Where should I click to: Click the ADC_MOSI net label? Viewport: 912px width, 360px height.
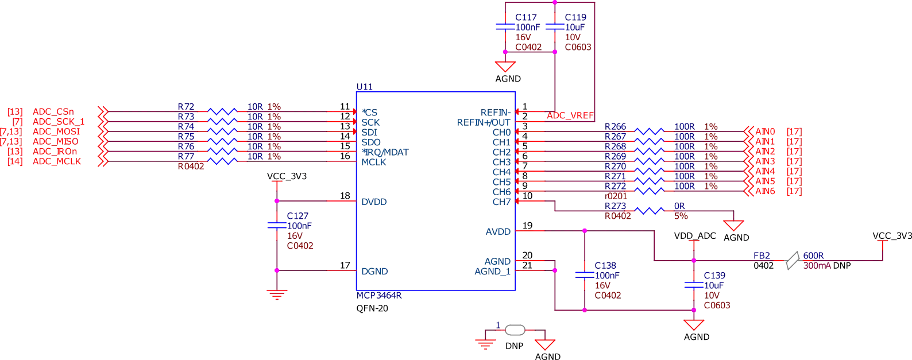[x=57, y=131]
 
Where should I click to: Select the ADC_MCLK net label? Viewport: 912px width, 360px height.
[x=57, y=161]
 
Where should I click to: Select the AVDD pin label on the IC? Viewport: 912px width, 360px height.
[x=497, y=232]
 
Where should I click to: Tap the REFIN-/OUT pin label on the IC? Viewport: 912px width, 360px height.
[x=482, y=122]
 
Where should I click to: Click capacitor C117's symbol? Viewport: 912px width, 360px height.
[x=504, y=27]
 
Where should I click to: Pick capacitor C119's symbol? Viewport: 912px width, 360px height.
[x=554, y=27]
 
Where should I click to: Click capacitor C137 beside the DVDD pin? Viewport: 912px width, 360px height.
[x=277, y=225]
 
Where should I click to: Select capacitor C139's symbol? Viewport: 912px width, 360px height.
[x=693, y=284]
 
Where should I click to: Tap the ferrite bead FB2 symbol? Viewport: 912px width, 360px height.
[x=793, y=260]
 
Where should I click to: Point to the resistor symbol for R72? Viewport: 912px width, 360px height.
[x=222, y=111]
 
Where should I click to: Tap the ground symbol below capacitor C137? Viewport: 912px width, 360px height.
[x=277, y=296]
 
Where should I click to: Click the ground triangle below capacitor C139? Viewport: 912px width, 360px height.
[x=693, y=325]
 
